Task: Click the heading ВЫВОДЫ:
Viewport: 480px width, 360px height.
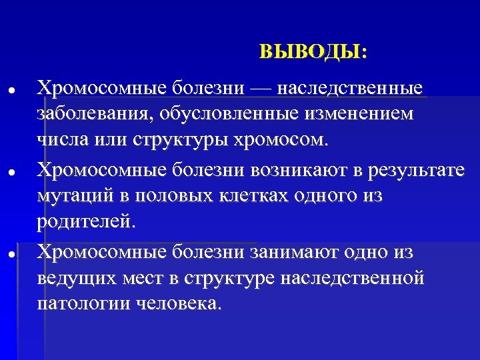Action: coord(313,52)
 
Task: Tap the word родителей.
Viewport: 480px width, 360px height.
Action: coord(86,222)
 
